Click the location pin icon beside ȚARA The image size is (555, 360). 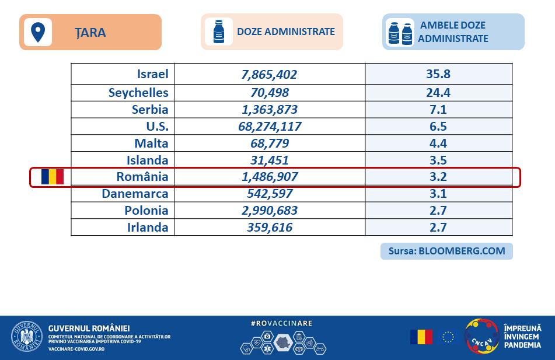[38, 32]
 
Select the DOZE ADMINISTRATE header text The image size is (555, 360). [286, 32]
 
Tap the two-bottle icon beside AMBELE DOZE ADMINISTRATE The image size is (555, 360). [401, 33]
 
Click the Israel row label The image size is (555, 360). [152, 74]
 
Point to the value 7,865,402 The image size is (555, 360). [269, 75]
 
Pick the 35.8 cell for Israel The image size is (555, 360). [438, 74]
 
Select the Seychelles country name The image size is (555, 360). [138, 92]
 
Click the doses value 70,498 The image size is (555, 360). [269, 92]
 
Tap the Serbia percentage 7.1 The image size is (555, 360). [438, 109]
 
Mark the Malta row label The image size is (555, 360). [149, 143]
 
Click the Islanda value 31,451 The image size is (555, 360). [269, 160]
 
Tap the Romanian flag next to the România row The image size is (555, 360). [52, 177]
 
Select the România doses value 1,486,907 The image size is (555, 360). [269, 177]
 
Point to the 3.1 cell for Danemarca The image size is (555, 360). [438, 194]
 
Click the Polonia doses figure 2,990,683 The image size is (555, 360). [269, 211]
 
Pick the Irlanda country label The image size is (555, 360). [148, 228]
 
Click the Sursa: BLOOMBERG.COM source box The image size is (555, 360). [446, 251]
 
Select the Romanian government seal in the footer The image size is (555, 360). [27, 336]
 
